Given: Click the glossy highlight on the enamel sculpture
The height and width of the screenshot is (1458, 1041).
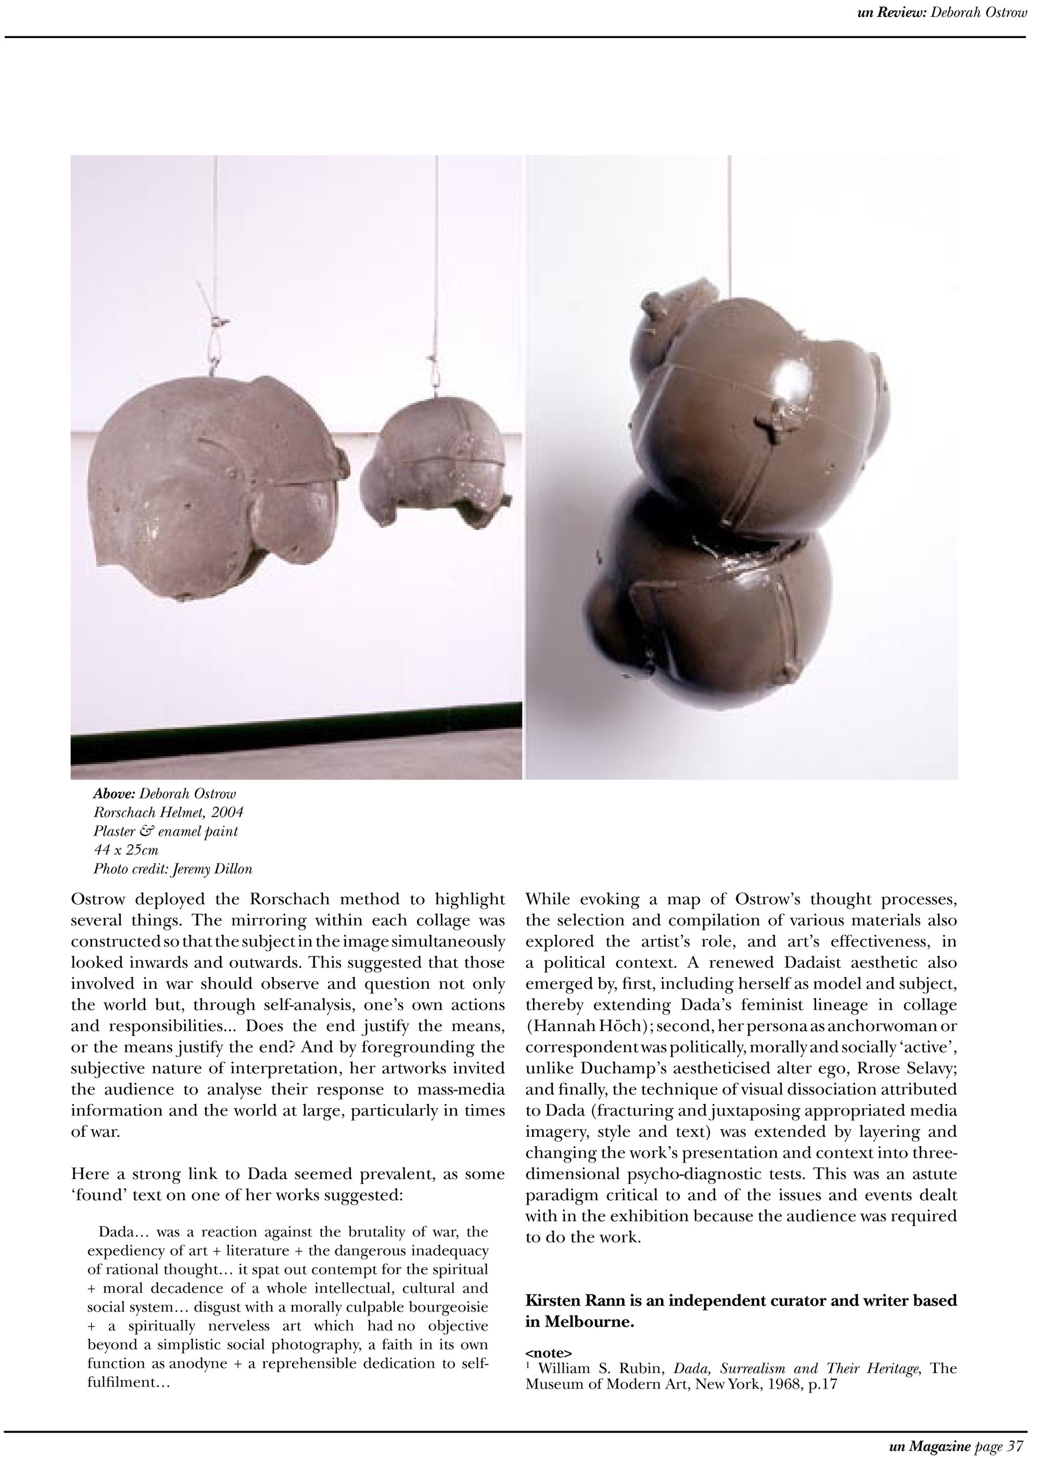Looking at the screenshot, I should tap(791, 383).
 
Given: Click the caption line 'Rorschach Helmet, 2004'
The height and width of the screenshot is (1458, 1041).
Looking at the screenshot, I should tap(168, 813).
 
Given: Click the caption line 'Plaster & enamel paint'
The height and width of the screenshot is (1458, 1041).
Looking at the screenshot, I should tap(166, 832).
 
